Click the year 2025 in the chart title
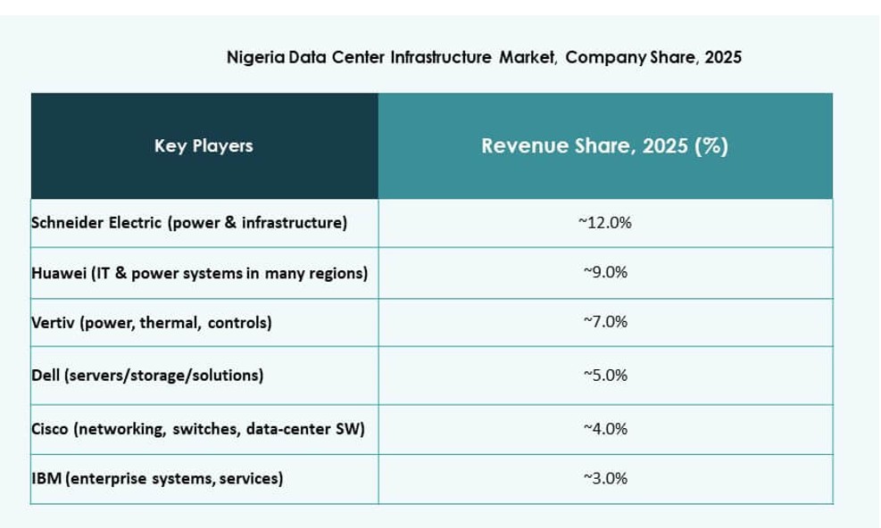pyautogui.click(x=723, y=58)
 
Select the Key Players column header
pyautogui.click(x=204, y=145)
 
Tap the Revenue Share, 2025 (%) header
pyautogui.click(x=604, y=146)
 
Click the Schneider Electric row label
pyautogui.click(x=188, y=223)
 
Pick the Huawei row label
pyautogui.click(x=199, y=273)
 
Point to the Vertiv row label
pyautogui.click(x=151, y=323)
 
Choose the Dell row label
pyautogui.click(x=147, y=375)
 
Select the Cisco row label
pyautogui.click(x=197, y=429)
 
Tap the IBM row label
pyautogui.click(x=157, y=479)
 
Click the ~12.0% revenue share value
pyautogui.click(x=604, y=223)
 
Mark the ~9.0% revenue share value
pyautogui.click(x=604, y=273)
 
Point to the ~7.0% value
pyautogui.click(x=604, y=322)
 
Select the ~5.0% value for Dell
pyautogui.click(x=604, y=375)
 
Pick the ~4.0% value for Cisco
pyautogui.click(x=604, y=429)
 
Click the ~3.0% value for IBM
pyautogui.click(x=604, y=479)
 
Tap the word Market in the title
pyautogui.click(x=528, y=58)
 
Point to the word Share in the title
pyautogui.click(x=670, y=58)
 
